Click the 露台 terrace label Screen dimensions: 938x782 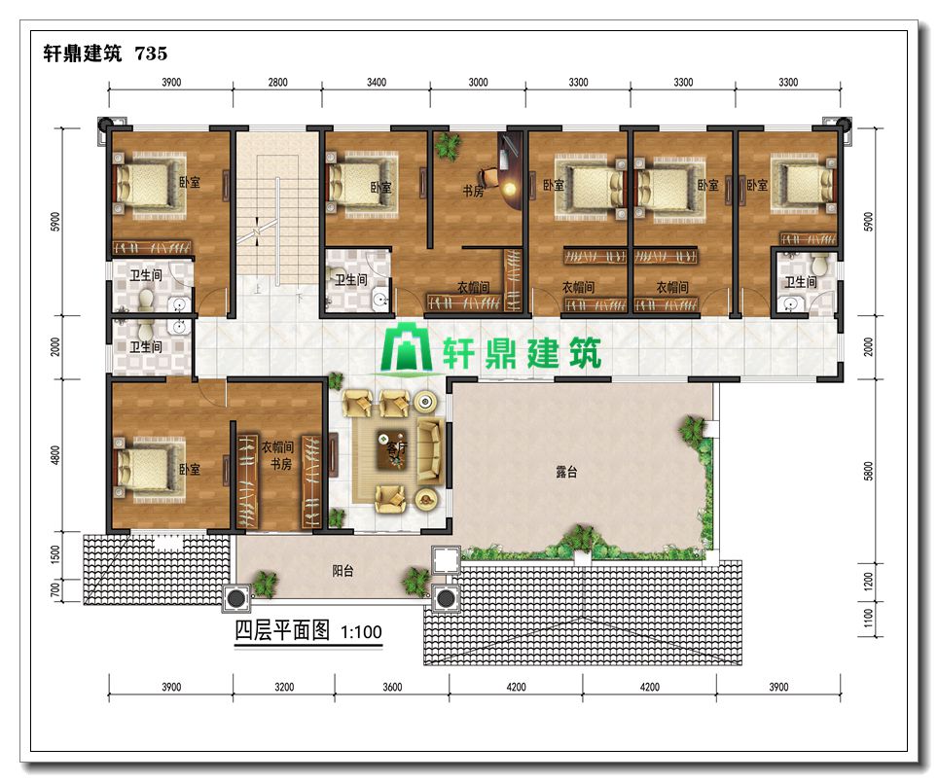[566, 473]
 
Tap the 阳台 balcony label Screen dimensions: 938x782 [343, 571]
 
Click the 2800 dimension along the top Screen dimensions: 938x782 [277, 82]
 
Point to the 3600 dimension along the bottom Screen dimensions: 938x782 [392, 687]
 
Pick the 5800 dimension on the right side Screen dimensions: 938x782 [869, 471]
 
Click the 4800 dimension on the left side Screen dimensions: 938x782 [55, 455]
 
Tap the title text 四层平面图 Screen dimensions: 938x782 [282, 630]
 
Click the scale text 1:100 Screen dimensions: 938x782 [361, 632]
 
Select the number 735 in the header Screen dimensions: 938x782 [152, 53]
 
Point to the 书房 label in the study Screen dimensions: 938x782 [473, 191]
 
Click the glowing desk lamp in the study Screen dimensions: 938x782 [510, 189]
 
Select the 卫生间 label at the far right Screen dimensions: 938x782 [801, 282]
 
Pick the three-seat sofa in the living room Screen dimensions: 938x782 [429, 450]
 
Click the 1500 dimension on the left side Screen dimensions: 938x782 [55, 554]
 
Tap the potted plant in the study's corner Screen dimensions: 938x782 [448, 145]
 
